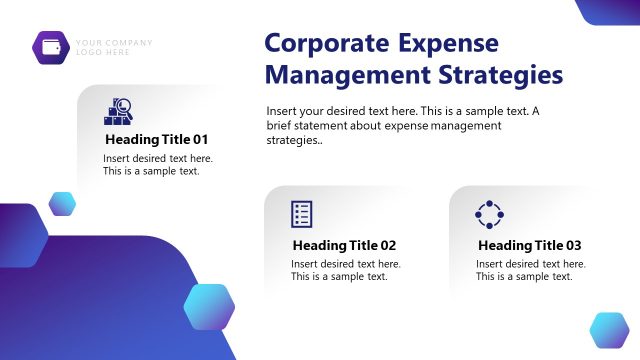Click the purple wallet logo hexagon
50,46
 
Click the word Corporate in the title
326,43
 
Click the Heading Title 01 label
156,139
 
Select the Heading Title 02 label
344,245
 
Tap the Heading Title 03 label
529,245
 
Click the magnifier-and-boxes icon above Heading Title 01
118,111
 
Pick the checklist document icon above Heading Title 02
302,214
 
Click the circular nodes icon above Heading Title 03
488,214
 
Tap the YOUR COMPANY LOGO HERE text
114,47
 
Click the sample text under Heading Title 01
157,164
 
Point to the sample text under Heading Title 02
345,270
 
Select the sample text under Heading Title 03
530,270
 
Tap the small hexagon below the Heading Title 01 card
63,204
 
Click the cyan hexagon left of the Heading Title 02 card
209,306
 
